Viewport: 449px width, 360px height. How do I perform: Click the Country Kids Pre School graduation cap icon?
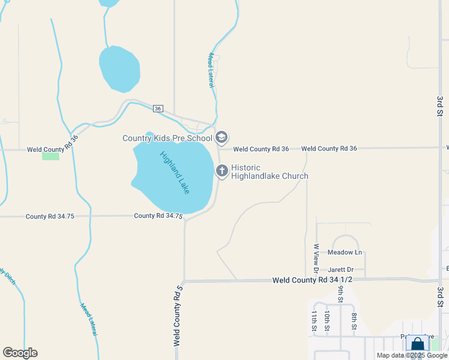coord(221,138)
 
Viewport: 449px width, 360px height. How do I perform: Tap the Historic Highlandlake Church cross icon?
coord(222,171)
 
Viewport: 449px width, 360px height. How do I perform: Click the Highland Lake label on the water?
coord(175,172)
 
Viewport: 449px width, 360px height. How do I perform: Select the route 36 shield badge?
coord(158,109)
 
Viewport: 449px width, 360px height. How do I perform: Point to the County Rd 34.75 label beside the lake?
coord(158,215)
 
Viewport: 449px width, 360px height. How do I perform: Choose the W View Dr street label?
coord(315,255)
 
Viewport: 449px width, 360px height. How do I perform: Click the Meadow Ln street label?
coord(345,253)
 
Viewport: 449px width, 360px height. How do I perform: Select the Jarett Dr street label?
coord(341,270)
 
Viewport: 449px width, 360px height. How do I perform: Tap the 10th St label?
coord(327,321)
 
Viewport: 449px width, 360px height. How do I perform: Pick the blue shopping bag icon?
coord(417,345)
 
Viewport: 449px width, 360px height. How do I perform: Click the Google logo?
coord(20,353)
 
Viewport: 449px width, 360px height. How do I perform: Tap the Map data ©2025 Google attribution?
coord(412,355)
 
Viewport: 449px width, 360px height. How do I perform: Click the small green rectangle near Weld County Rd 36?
coord(50,156)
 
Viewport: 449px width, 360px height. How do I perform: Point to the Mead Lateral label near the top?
coord(211,70)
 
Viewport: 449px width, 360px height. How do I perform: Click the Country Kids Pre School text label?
coord(167,138)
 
